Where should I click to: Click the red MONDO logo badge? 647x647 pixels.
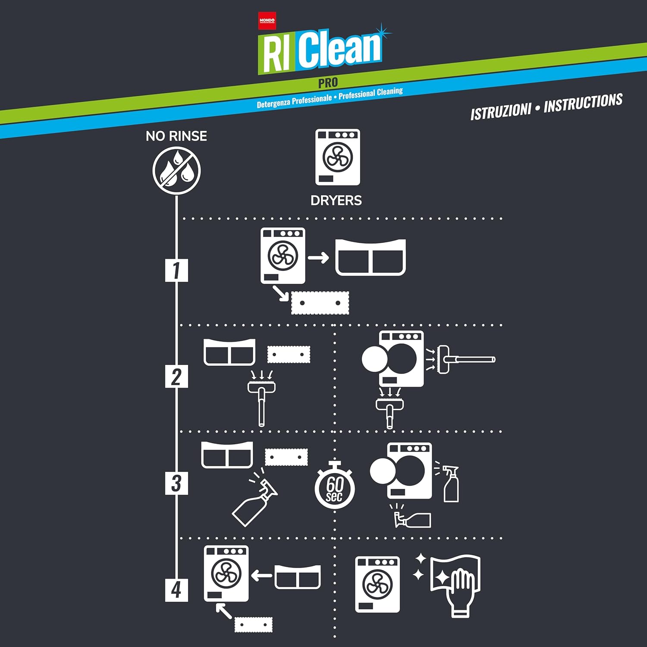coord(267,21)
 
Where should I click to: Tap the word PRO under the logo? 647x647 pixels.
coord(328,82)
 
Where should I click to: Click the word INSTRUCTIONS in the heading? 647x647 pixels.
coord(583,103)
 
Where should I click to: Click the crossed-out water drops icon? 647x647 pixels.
coord(176,170)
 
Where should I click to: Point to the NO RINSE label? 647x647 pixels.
coord(176,136)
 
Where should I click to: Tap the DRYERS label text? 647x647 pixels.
coord(336,201)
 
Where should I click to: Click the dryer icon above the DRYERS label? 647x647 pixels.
coord(338,157)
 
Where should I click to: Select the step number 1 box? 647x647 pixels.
coord(176,270)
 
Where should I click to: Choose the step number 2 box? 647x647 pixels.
coord(176,376)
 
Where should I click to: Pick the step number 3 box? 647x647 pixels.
coord(176,483)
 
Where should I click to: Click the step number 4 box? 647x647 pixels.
coord(176,590)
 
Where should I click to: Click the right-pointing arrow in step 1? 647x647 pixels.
coord(318,258)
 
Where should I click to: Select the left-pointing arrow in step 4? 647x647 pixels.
coord(261,575)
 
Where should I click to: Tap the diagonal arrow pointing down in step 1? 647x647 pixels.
coord(281,293)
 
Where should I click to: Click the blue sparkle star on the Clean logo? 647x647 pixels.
coord(382,31)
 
